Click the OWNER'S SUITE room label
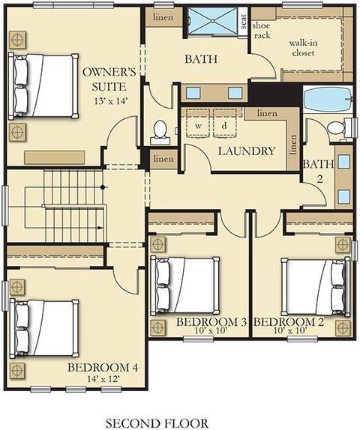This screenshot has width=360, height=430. tap(109, 79)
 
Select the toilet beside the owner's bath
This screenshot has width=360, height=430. tap(160, 133)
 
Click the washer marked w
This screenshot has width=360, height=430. tap(198, 124)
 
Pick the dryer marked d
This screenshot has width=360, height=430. tap(224, 124)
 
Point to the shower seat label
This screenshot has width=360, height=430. tap(243, 22)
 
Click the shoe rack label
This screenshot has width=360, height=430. tap(262, 30)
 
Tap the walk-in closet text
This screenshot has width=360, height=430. tap(303, 48)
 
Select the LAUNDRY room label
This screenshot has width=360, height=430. tap(247, 151)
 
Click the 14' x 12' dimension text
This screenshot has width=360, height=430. tap(103, 379)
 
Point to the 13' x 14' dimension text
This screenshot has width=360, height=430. tap(111, 101)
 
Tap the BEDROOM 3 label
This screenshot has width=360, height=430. tap(211, 321)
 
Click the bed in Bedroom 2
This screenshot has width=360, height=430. tap(316, 287)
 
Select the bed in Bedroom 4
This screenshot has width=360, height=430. tap(44, 329)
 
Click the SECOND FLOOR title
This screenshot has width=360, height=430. tap(157, 423)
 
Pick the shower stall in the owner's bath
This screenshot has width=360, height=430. tap(212, 21)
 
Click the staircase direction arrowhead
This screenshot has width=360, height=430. tap(100, 227)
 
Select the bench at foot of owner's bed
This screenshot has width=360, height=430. tap(55, 157)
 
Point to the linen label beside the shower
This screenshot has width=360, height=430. tap(163, 17)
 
